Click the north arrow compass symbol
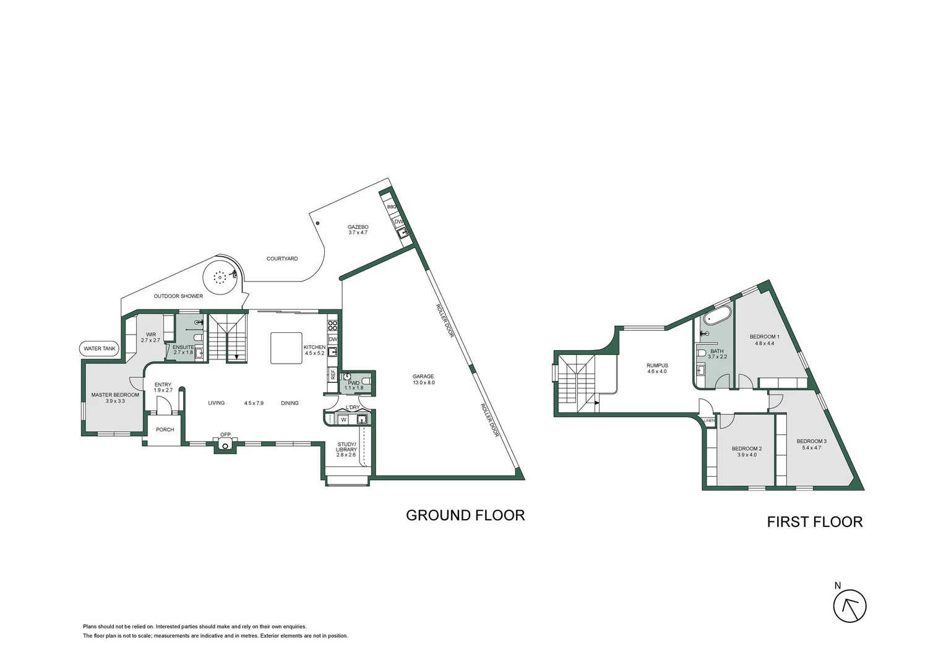pos(849,606)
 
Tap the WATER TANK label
pos(100,349)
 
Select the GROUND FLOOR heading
pos(465,515)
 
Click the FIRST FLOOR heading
pos(814,521)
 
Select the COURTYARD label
pos(282,259)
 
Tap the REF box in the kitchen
pos(333,374)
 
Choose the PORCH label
pos(165,430)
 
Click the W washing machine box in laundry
pos(343,420)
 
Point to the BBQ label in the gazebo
pos(391,207)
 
